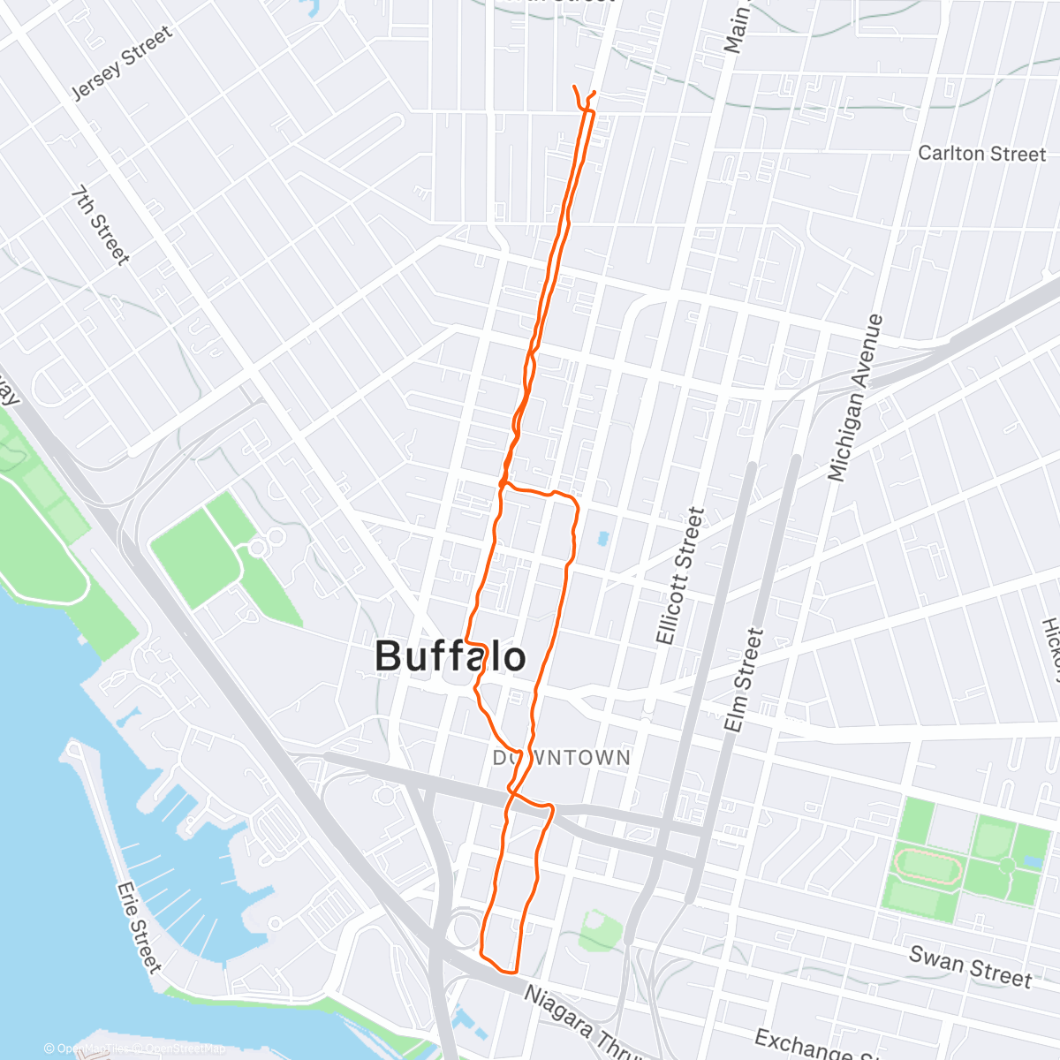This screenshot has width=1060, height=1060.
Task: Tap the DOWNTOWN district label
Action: coord(562,758)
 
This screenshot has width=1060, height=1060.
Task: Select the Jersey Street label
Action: coord(121,64)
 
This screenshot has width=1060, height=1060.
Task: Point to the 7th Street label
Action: coord(101,225)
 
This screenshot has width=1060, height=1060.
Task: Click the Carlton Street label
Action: coord(981,154)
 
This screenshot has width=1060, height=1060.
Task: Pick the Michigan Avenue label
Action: coord(854,398)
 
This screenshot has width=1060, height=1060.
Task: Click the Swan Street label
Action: coord(970,966)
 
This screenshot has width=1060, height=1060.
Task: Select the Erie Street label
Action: coord(140,927)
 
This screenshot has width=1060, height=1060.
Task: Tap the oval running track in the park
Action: coord(927,867)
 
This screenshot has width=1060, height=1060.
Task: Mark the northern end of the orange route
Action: coord(575,87)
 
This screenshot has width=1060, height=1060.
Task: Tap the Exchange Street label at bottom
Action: coord(804,1045)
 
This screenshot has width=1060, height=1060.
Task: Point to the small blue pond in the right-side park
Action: coord(1032,860)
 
